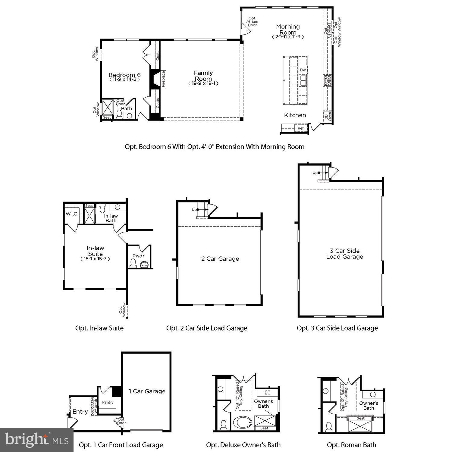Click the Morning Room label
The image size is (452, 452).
288,30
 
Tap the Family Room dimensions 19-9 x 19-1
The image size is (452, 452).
203,83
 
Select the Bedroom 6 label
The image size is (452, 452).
124,75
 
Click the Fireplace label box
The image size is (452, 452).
163,79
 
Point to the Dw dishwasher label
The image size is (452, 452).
303,70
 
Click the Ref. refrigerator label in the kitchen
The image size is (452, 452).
301,128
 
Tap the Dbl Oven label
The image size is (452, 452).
328,117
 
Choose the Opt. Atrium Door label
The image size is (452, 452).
252,22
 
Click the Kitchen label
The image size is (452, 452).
295,115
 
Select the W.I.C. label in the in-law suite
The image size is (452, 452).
72,214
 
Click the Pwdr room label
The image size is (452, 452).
138,256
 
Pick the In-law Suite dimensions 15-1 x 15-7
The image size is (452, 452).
95,259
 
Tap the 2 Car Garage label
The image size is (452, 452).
220,259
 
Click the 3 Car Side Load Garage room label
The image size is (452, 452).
345,254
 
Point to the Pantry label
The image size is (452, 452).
108,402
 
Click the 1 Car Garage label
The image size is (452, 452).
147,391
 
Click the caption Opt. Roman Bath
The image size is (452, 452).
351,445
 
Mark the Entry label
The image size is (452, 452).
80,412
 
